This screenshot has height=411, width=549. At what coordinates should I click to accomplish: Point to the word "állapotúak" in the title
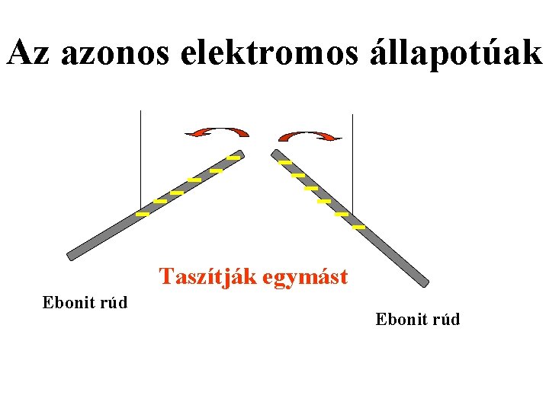pos(453,53)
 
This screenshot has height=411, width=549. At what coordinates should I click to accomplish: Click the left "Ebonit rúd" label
pos(85,303)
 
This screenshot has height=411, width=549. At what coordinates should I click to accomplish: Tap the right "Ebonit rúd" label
pos(418,319)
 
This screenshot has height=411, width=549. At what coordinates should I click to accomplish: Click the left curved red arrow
pos(217,132)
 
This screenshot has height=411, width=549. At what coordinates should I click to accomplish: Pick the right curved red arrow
pos(310,136)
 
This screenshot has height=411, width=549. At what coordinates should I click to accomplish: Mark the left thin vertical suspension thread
pos(141,160)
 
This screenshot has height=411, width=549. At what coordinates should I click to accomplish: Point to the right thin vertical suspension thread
pos(353,164)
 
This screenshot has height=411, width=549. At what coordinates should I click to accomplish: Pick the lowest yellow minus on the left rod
pos(143,215)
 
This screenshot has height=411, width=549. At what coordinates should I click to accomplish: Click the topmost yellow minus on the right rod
pos(285,162)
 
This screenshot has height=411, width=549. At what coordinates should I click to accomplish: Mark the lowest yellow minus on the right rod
pos(358,227)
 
